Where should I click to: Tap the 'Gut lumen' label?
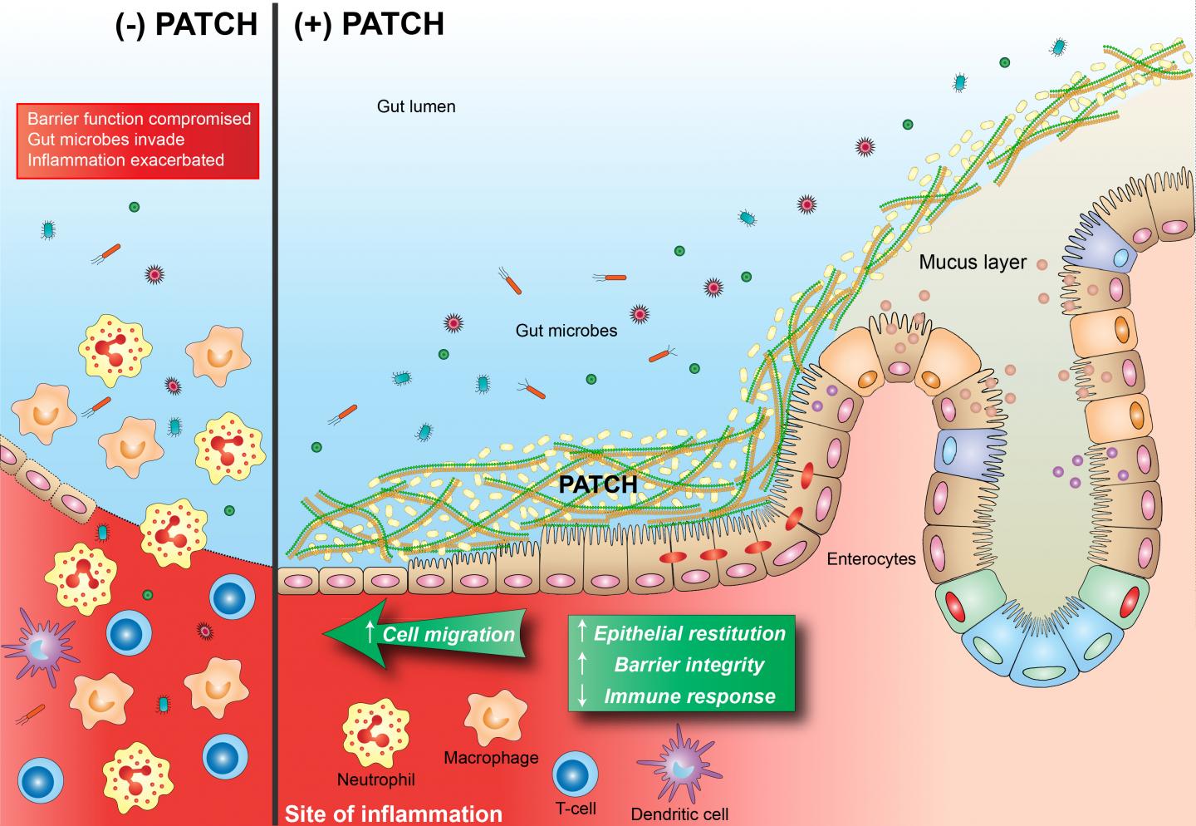click(416, 106)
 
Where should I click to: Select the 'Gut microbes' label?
click(566, 331)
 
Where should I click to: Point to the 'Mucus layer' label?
click(973, 263)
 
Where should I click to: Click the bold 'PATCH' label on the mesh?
click(598, 484)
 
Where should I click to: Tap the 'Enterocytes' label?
click(871, 558)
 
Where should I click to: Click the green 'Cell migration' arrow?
click(432, 635)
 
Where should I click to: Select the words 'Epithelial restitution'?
click(689, 633)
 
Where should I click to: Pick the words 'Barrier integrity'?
click(689, 665)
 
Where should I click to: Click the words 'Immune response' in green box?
click(689, 696)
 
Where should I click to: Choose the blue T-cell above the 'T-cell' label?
click(576, 773)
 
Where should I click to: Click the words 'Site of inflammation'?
click(394, 814)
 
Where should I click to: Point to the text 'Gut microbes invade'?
click(105, 140)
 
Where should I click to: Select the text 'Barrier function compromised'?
click(139, 119)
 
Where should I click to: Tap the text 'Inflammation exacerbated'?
click(125, 160)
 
